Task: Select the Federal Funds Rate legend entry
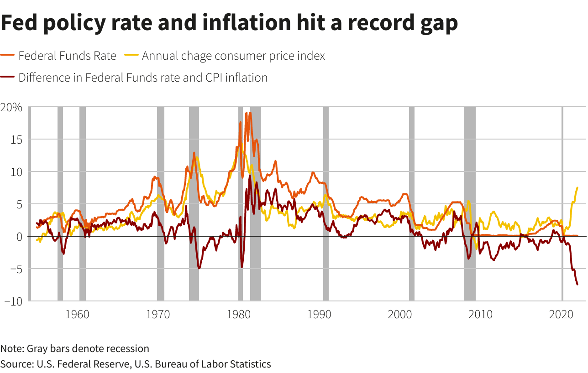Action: (x=67, y=56)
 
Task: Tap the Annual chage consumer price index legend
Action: (x=233, y=56)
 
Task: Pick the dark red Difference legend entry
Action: (x=142, y=78)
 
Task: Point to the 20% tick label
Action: (x=11, y=108)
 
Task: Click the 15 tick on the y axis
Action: (x=16, y=140)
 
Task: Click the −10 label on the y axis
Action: (x=13, y=301)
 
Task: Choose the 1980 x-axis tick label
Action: (x=238, y=315)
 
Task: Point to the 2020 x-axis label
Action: (x=562, y=315)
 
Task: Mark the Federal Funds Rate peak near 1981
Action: (x=247, y=113)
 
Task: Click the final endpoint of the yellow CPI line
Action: (x=577, y=187)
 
